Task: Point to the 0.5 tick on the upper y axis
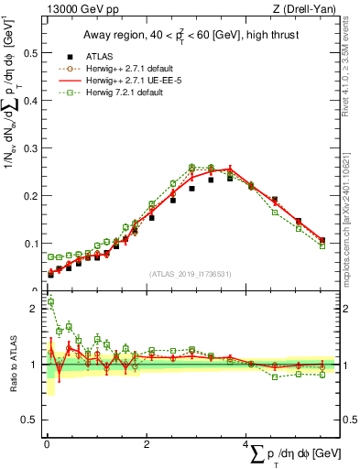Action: [29, 53]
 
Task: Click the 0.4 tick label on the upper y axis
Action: [29, 101]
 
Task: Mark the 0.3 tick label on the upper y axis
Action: [29, 148]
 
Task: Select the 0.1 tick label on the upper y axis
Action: [29, 244]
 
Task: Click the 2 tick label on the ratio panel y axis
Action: [33, 309]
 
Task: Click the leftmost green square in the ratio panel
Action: [50, 301]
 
